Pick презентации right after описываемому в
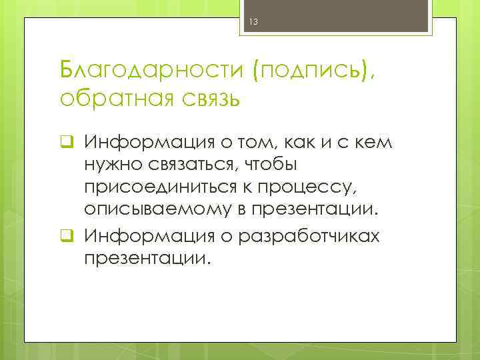[x=314, y=203]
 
